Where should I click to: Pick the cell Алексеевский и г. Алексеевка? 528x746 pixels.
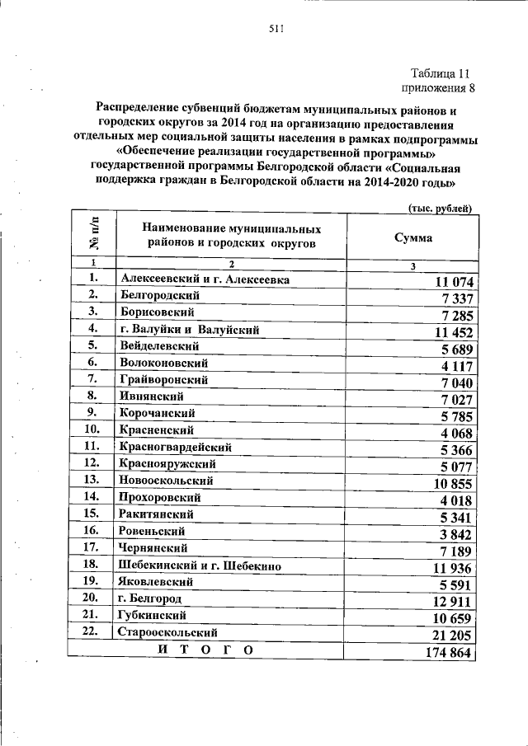tap(204, 280)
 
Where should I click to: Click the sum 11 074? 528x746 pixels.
tap(446, 283)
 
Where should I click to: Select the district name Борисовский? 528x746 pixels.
tap(157, 312)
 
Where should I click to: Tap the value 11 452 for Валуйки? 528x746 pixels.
tap(446, 332)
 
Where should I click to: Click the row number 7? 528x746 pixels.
tap(92, 379)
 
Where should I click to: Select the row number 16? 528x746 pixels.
tap(92, 530)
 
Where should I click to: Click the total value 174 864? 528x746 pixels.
tap(443, 651)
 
